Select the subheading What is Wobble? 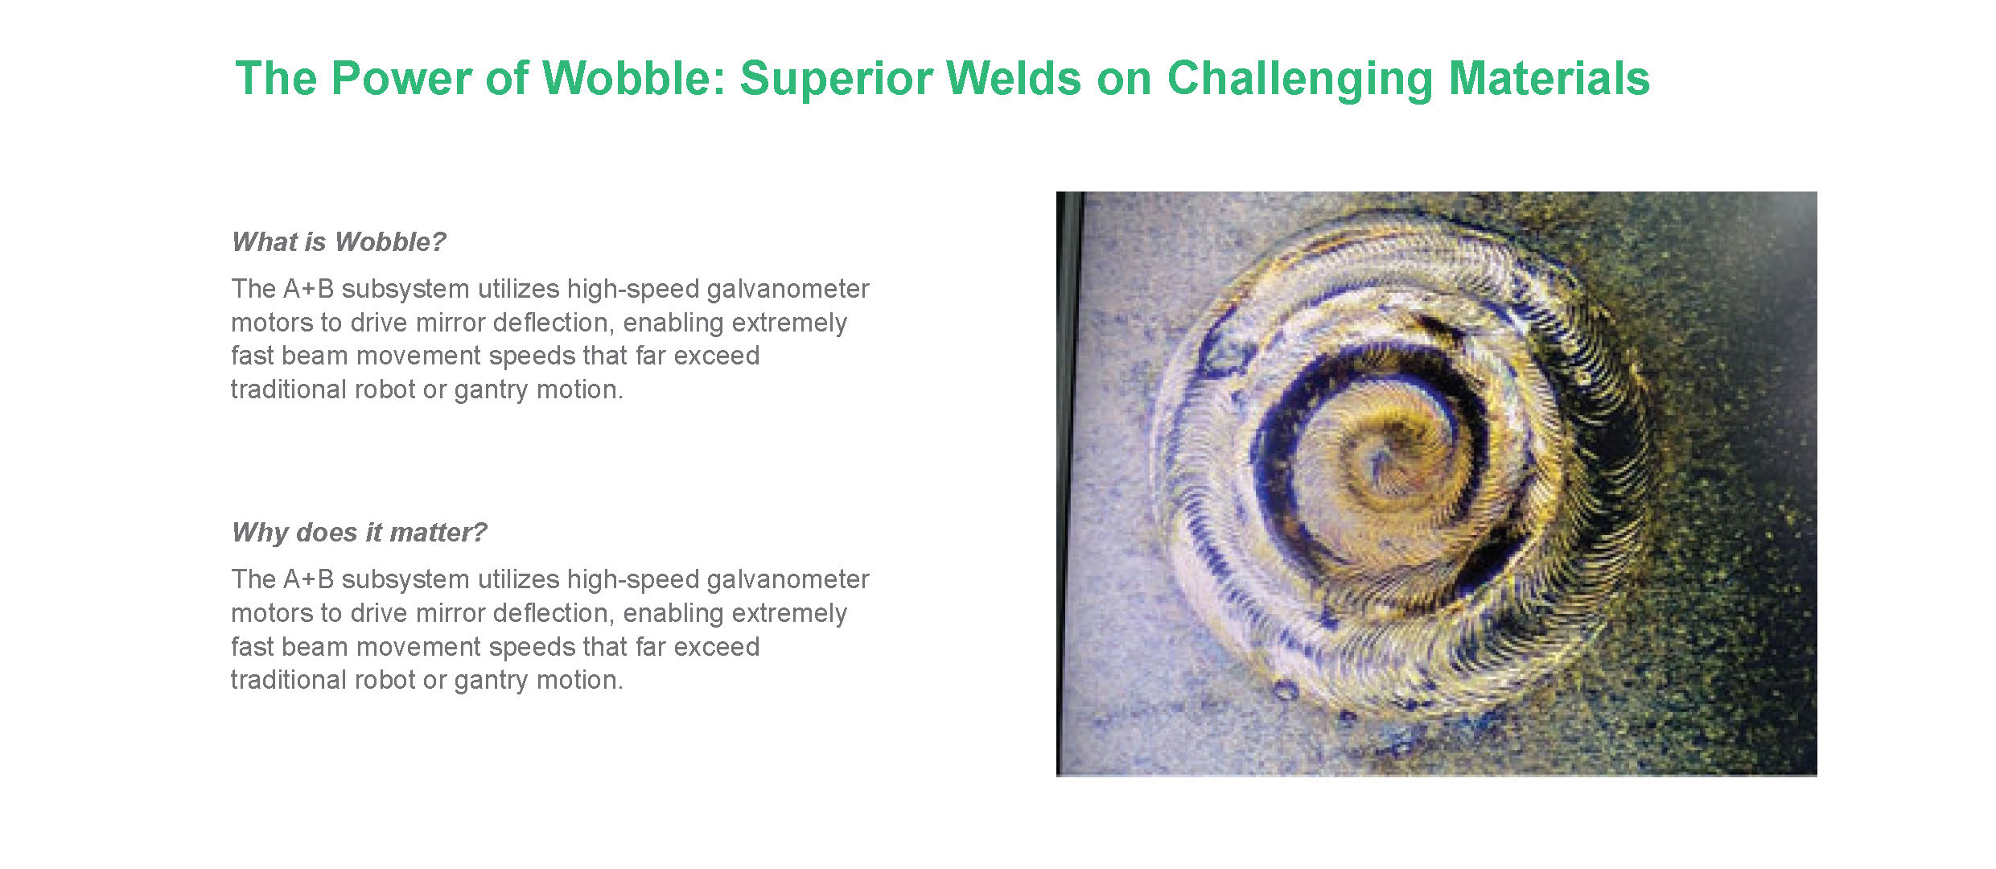point(339,241)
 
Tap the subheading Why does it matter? point(360,532)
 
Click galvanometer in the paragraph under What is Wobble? point(788,289)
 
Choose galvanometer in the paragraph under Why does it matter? point(788,579)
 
